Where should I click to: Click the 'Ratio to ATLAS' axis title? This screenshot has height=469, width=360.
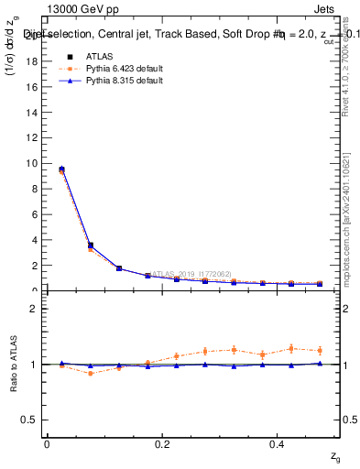point(14,364)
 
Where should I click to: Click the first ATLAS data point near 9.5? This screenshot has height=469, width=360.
point(61,169)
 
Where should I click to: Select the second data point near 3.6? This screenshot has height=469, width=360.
point(90,245)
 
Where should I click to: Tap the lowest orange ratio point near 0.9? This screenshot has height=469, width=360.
point(90,373)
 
